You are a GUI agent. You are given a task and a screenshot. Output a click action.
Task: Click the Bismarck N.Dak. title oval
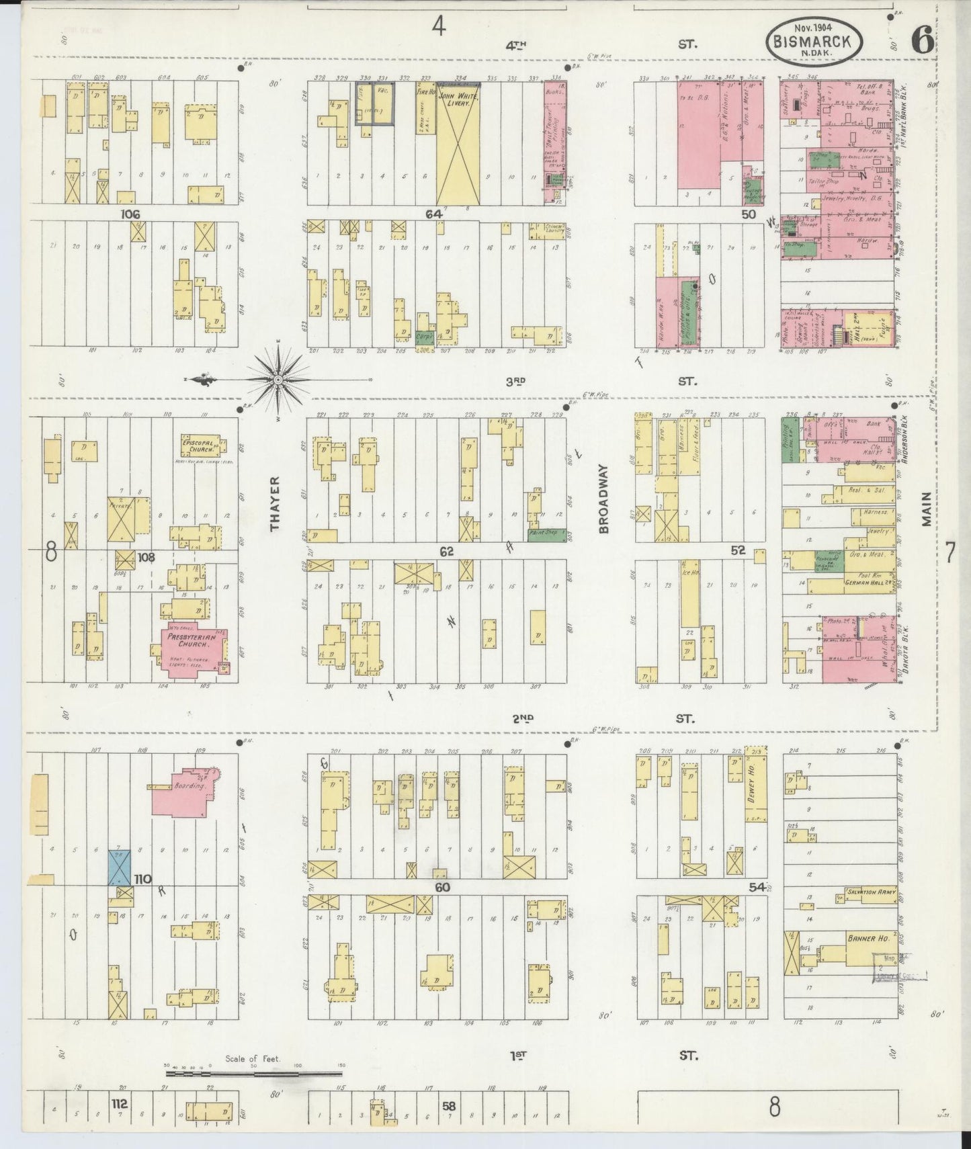[814, 42]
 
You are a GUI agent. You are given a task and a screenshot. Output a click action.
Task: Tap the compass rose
[278, 380]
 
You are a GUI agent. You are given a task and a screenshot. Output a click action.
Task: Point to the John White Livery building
[458, 144]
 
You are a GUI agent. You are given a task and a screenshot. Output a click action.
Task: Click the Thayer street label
[275, 504]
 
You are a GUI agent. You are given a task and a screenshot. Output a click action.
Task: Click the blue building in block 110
[120, 867]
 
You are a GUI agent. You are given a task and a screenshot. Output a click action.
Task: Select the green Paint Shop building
[546, 533]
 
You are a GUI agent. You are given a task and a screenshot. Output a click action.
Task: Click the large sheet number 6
[921, 42]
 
